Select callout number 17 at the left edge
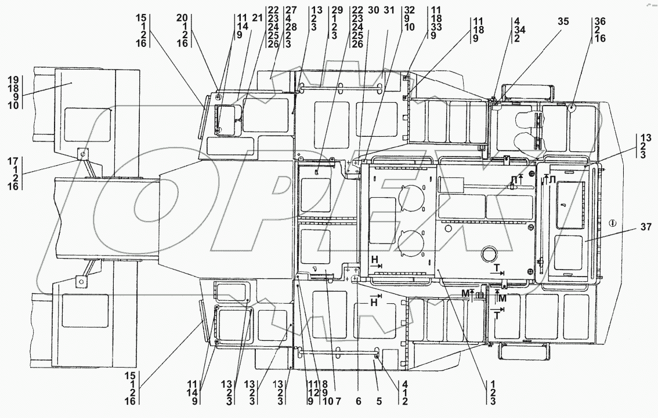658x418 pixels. [x=15, y=161]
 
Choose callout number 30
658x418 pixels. [x=373, y=9]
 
